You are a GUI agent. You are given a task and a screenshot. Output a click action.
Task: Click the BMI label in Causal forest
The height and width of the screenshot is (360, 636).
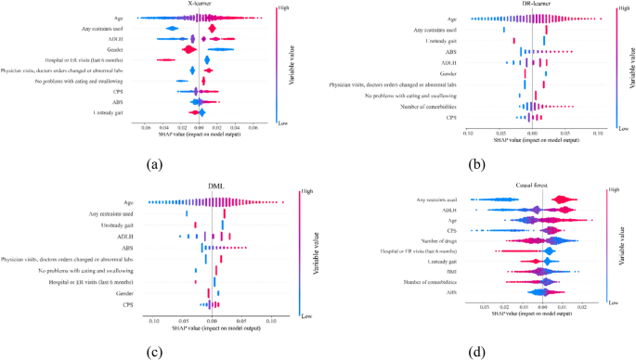(457, 272)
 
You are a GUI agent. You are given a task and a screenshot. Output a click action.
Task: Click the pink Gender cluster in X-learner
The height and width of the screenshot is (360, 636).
(189, 49)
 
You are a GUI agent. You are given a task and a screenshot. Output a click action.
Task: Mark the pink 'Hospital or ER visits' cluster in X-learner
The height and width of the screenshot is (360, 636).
(165, 60)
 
